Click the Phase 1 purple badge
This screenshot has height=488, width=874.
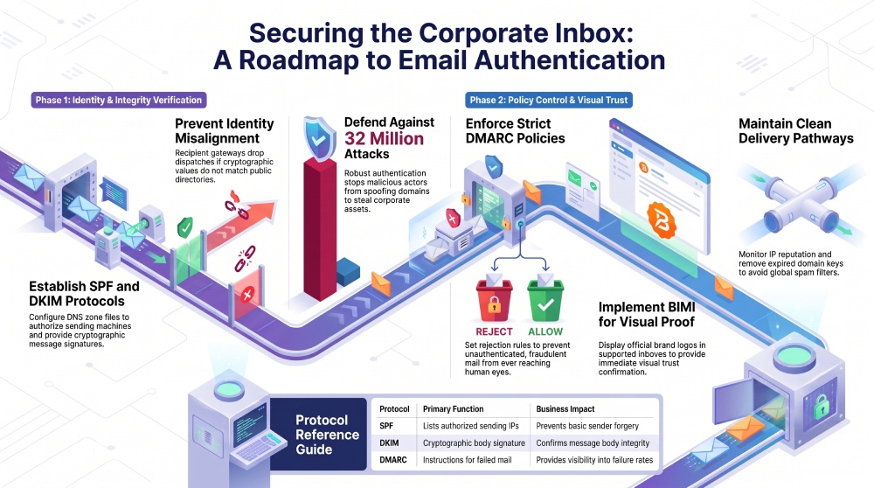coord(119,100)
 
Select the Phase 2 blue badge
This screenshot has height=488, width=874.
coord(549,100)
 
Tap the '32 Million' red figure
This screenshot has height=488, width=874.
coord(384,138)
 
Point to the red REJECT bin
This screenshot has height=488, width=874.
coord(494,301)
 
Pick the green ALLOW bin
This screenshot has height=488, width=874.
coord(545,301)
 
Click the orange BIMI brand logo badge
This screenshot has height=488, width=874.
coord(661,220)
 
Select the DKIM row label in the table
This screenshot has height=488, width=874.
coord(389,443)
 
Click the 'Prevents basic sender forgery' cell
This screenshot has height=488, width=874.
coord(587,426)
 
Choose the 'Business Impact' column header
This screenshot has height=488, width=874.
coord(565,408)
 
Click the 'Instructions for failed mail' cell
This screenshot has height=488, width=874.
coord(467,460)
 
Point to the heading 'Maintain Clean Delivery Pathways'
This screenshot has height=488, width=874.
coord(796,131)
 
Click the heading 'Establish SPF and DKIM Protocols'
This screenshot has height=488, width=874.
coord(84,294)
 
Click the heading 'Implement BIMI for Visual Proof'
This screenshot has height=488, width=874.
coord(647,315)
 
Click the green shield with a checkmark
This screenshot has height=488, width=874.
coord(185,227)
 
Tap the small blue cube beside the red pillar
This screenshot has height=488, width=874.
coord(348,272)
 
